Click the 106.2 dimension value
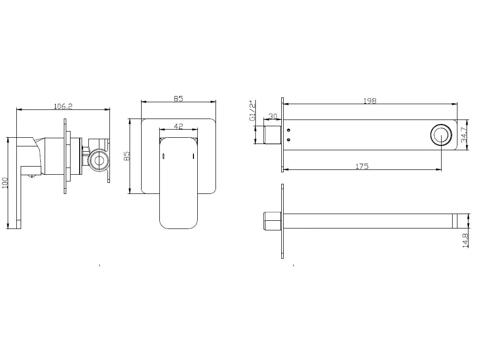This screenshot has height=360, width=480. pos(63,106)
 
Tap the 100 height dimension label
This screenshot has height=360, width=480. pos(5,183)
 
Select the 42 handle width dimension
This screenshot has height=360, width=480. pos(179,126)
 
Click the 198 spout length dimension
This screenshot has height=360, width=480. pos(370,101)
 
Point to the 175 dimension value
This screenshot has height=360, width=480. pos(362,166)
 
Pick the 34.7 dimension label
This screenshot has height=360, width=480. pos(464,135)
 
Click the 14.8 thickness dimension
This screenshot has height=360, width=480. pos(465,240)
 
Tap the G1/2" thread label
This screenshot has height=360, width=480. pos(252,110)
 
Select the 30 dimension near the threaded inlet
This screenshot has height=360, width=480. pos(273,116)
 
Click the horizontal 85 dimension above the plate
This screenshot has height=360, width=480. pos(179,98)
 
